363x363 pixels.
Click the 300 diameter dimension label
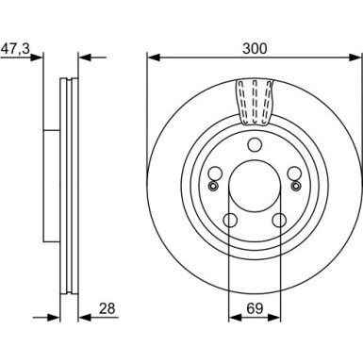(x=255, y=49)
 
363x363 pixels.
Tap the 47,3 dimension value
(x=16, y=49)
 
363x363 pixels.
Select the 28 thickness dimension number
(x=107, y=308)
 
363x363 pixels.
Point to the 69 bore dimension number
(x=255, y=308)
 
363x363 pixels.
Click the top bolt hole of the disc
(x=255, y=145)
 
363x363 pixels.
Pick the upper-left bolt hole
(x=216, y=173)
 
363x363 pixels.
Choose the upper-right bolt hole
(x=294, y=173)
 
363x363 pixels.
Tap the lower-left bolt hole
(x=230, y=220)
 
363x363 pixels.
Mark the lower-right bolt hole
(x=279, y=220)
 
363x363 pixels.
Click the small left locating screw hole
(x=213, y=186)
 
